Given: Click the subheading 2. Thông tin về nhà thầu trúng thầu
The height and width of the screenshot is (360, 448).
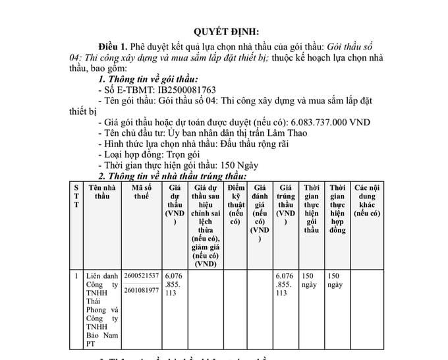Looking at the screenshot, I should click(x=172, y=176).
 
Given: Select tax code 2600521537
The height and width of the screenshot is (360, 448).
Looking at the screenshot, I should click(x=141, y=275).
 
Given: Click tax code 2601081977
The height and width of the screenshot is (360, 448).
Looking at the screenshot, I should click(x=141, y=289).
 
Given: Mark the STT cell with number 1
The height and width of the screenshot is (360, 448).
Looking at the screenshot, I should click(x=76, y=275).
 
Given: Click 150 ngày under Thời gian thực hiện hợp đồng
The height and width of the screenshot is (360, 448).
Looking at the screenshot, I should click(x=335, y=280).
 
